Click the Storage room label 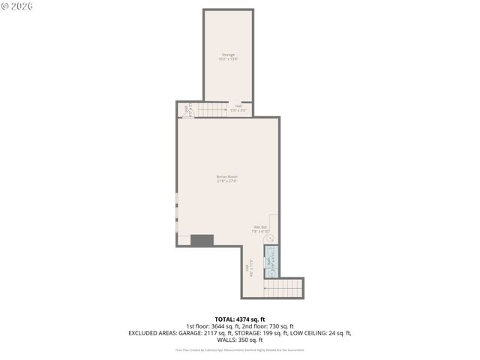(228, 55)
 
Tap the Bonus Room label (227, 176)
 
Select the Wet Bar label (259, 226)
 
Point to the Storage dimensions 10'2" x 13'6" (228, 59)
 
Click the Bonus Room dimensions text (227, 181)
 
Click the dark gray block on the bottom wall (202, 240)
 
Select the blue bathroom (271, 257)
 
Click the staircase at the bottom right (283, 288)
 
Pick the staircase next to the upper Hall (212, 109)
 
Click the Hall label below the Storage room (238, 106)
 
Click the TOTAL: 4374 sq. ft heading (239, 319)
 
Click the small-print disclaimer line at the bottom (239, 349)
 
